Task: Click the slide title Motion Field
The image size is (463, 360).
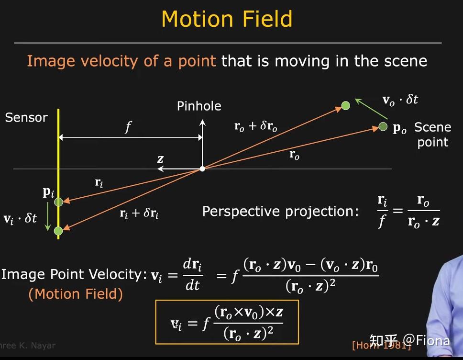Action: tap(227, 19)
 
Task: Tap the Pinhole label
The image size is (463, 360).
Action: tap(199, 106)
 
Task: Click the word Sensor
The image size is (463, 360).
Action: tap(26, 118)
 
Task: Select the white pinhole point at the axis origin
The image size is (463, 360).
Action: tap(202, 169)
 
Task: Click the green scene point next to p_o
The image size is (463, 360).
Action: tap(383, 126)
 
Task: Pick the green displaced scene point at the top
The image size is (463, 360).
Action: tap(345, 105)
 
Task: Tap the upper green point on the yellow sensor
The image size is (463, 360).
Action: tap(58, 202)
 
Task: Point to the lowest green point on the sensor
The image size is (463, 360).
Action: tap(58, 231)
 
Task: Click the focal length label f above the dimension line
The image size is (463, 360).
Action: tap(128, 127)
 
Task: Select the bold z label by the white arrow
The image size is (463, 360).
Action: tap(161, 159)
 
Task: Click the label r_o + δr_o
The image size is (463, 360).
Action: tap(255, 126)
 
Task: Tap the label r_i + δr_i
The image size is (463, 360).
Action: tap(139, 213)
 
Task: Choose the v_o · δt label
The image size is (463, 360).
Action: tap(400, 100)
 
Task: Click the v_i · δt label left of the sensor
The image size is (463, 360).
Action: tap(21, 219)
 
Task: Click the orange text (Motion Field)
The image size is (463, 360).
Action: tap(76, 294)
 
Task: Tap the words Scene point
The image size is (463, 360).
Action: tap(432, 135)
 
